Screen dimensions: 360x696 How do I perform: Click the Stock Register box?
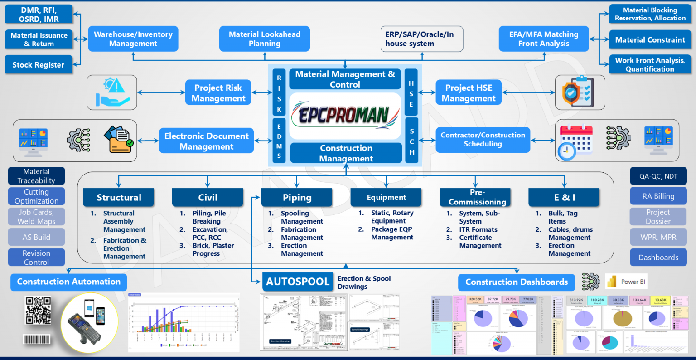pos(39,65)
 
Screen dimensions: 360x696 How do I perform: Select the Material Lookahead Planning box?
pos(264,39)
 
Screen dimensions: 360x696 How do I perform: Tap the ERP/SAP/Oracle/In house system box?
pos(421,39)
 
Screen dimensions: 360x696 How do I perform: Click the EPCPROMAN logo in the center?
pos(345,116)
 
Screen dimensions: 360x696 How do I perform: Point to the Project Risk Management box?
pos(218,93)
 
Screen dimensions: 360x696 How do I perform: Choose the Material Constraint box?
pos(650,40)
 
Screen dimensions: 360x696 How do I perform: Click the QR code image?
pos(38,311)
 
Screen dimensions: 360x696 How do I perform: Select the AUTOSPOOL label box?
pos(298,282)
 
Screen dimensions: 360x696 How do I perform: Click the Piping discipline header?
pos(297,198)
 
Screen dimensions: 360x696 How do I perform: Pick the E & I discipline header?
pos(564,198)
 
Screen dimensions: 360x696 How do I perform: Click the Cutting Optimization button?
pos(36,196)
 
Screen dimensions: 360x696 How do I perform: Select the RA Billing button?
pos(658,196)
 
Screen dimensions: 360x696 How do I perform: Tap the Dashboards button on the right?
pos(658,258)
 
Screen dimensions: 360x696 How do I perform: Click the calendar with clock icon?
pos(575,141)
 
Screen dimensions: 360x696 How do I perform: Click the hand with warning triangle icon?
pos(112,92)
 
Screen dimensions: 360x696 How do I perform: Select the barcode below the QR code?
pos(37,339)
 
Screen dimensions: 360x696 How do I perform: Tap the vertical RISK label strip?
pos(279,94)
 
